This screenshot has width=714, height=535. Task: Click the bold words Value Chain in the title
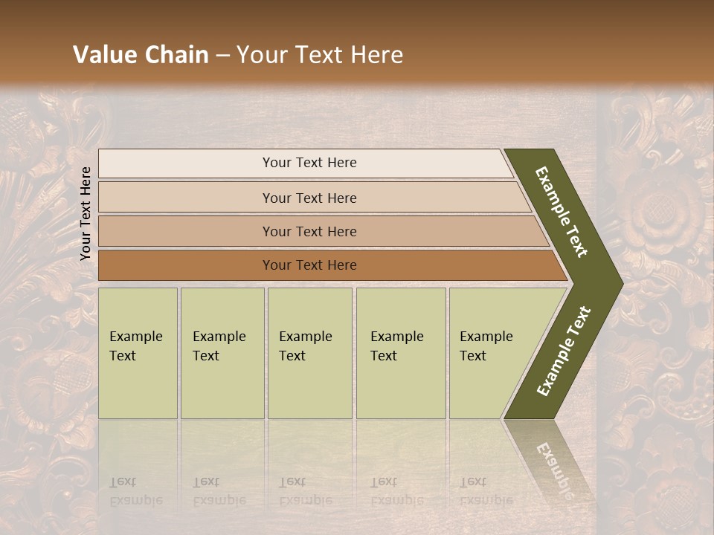click(141, 55)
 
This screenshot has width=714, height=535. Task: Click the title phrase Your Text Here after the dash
click(320, 55)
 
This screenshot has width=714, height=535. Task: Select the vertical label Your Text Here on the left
click(86, 213)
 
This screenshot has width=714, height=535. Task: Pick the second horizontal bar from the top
click(309, 198)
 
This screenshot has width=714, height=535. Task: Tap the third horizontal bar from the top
click(309, 231)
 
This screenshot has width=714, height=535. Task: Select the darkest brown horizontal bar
click(309, 265)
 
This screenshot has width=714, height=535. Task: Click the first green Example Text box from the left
click(138, 353)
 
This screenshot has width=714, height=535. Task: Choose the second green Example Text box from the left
click(222, 353)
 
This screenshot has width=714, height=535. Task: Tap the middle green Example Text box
click(309, 353)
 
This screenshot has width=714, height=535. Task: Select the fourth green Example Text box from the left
click(400, 353)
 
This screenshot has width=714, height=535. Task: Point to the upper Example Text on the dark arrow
click(562, 212)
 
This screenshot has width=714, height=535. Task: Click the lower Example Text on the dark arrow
click(564, 351)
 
